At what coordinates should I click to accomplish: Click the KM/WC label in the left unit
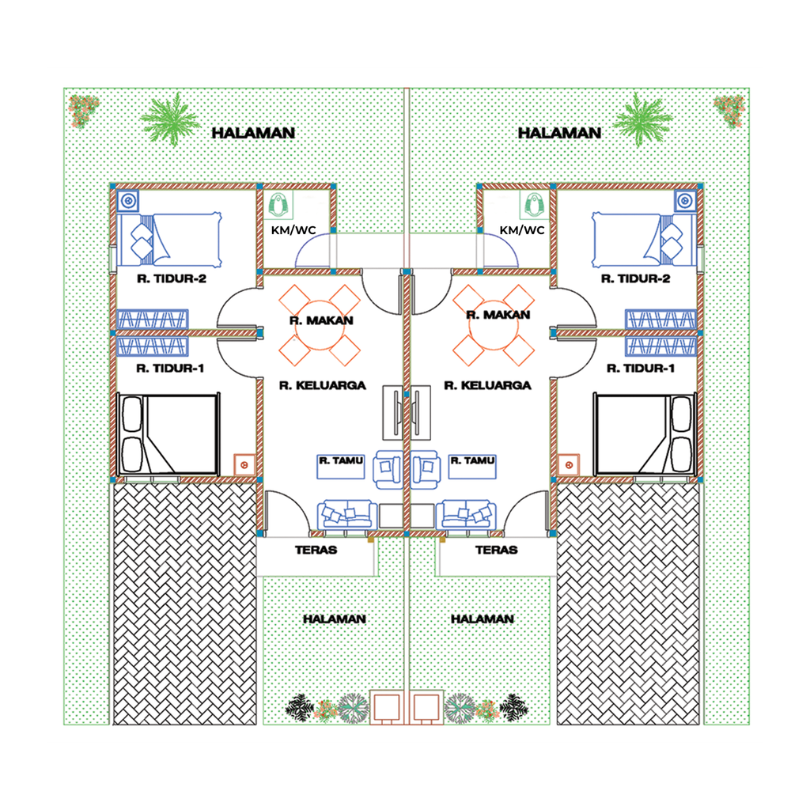(x=293, y=230)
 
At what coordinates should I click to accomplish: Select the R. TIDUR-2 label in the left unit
(x=172, y=278)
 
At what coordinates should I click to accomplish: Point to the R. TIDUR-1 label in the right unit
(x=640, y=369)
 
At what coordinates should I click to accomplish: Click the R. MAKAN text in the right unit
(x=498, y=315)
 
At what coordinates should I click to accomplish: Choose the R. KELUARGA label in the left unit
(x=323, y=385)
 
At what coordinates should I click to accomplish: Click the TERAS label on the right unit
(x=496, y=549)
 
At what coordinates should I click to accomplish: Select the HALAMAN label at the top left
(x=253, y=133)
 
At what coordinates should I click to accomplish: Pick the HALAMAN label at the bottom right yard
(x=482, y=619)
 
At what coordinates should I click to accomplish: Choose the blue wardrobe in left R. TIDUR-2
(x=153, y=319)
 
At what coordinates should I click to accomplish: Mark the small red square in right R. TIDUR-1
(x=566, y=465)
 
